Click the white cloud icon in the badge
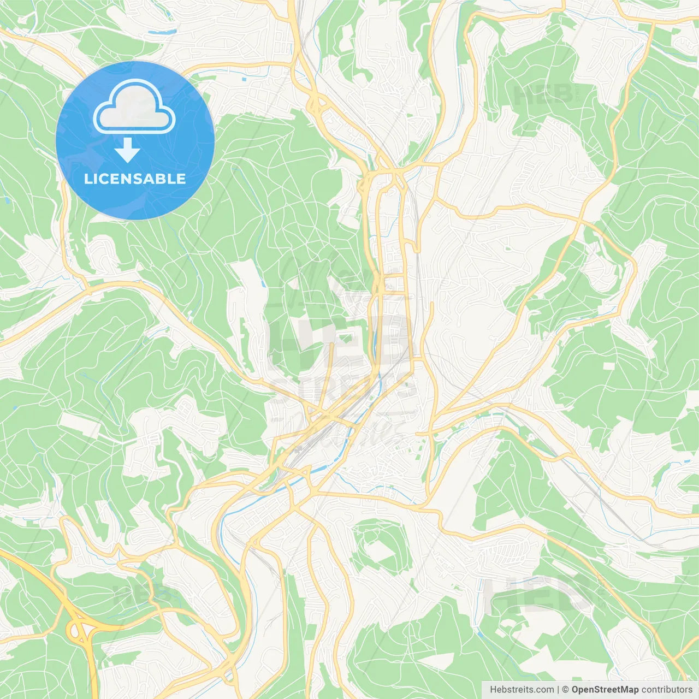point(134,107)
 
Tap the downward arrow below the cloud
point(127,151)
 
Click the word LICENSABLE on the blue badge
point(135,179)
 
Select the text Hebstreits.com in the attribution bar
point(522,690)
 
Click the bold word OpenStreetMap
point(605,690)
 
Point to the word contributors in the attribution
point(667,690)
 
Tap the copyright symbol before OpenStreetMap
point(566,690)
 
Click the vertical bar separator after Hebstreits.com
point(558,690)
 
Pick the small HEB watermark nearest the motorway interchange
point(137,594)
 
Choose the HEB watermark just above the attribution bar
point(541,593)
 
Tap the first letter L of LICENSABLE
point(87,179)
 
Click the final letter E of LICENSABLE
point(181,179)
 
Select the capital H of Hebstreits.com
point(493,690)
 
